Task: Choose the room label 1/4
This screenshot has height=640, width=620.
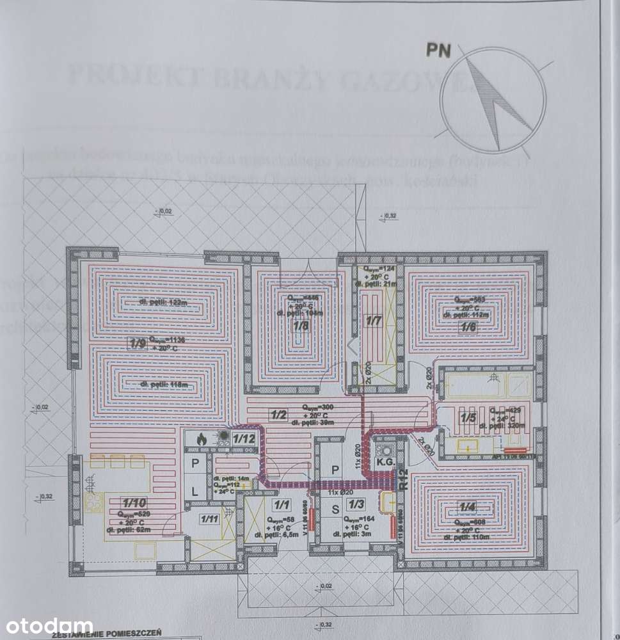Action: coord(468,508)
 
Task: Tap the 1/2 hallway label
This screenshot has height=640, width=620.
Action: coord(279,414)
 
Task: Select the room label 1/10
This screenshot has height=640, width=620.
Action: coord(127,503)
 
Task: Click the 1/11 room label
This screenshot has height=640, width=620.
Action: coord(209,519)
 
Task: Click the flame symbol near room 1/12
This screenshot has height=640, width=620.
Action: coord(200,440)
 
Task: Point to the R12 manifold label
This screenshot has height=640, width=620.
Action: coord(403,479)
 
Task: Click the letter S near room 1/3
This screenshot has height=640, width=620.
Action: coord(334,510)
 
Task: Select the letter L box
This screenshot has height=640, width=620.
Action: coord(195,492)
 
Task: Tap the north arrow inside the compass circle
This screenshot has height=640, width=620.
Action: coord(489,96)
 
